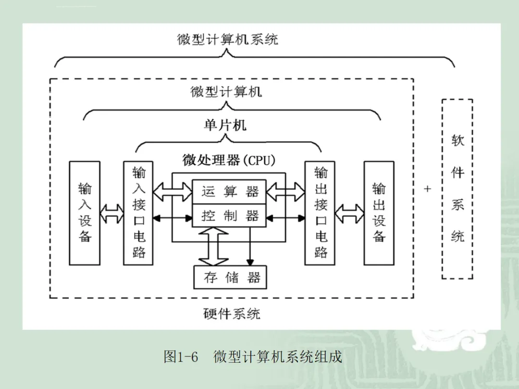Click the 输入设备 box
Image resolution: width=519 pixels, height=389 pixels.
point(85,213)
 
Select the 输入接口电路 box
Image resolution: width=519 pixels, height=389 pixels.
point(138,213)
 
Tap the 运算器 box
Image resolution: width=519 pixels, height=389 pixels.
point(229,192)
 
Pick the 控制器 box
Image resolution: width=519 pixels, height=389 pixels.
point(229,216)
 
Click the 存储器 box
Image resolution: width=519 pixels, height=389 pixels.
point(230,277)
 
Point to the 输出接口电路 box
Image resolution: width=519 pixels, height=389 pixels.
point(320,213)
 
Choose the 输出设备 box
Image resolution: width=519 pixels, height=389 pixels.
point(379,213)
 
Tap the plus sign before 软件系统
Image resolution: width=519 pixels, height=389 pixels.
point(427,189)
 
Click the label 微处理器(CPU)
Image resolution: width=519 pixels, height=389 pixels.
point(229,160)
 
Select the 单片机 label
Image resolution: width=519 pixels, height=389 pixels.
point(225,125)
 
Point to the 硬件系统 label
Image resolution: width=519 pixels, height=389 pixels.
point(232,314)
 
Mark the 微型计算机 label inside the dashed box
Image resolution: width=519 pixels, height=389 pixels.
point(226,92)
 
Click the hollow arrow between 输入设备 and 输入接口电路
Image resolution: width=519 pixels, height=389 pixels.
point(112,213)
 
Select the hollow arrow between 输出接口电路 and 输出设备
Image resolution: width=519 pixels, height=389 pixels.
point(349,213)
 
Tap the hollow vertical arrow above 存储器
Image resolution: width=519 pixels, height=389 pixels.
point(213,246)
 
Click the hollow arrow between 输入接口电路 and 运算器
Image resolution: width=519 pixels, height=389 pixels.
point(173,192)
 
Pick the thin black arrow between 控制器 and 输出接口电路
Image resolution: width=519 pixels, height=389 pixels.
point(285,219)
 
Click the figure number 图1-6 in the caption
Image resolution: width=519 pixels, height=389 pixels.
point(181,357)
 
